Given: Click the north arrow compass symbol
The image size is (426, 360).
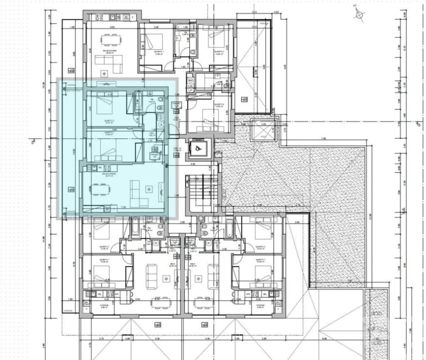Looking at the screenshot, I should pyautogui.click(x=359, y=14).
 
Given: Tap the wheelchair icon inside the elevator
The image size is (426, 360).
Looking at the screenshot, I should pyautogui.click(x=198, y=147).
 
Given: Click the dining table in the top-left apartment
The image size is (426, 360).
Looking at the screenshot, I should pyautogui.click(x=108, y=40).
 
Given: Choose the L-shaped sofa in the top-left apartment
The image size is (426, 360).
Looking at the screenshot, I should pyautogui.click(x=111, y=63).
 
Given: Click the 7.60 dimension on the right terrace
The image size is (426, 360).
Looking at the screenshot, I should pyautogui.click(x=323, y=139).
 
